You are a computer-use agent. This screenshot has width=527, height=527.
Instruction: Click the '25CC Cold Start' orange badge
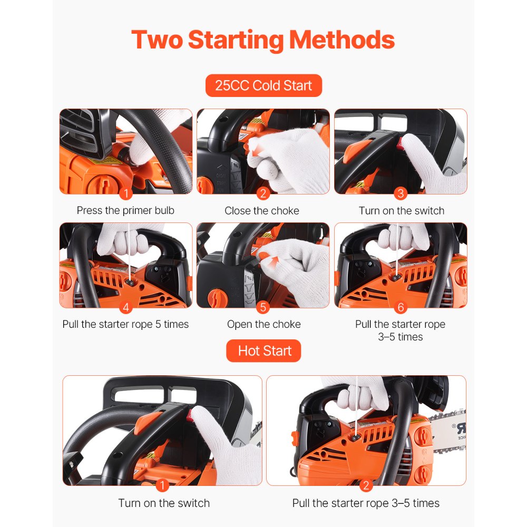[263, 85]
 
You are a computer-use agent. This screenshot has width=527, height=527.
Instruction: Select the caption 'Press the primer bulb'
[125, 210]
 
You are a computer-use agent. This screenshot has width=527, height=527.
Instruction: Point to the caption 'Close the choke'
[262, 210]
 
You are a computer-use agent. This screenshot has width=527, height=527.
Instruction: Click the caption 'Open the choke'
[263, 324]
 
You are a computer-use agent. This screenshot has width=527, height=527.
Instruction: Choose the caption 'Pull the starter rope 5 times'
[125, 324]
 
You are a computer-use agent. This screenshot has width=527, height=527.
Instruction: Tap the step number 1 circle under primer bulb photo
[125, 194]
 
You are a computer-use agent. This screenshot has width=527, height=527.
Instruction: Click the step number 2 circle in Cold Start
[263, 194]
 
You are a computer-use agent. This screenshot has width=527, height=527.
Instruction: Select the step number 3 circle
[401, 194]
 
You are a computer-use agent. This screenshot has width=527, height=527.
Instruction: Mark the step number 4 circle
[125, 307]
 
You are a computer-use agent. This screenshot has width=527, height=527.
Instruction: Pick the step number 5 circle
[263, 307]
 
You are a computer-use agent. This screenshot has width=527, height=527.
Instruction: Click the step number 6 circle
[401, 307]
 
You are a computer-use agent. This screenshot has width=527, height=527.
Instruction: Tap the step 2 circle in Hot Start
[366, 485]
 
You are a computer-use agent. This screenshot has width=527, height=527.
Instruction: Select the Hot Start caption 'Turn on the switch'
[164, 503]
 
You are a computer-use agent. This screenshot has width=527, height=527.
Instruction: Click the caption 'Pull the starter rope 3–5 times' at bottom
[366, 503]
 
